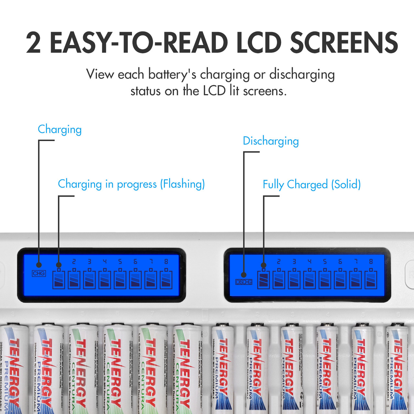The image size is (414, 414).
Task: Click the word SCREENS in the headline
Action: coord(344,42)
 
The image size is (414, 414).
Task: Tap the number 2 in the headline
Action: coord(33,42)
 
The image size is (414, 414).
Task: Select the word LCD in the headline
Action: coord(259,42)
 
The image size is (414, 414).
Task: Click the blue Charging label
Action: coord(60,129)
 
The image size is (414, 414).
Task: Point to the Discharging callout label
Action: coord(271,141)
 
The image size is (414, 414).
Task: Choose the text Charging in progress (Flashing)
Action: coord(131,184)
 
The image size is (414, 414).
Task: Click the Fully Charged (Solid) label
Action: coord(311,184)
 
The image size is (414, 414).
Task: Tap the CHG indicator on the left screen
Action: coord(39,274)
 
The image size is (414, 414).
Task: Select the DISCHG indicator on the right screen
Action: coord(244,282)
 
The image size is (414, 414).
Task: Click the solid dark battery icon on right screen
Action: coord(264,279)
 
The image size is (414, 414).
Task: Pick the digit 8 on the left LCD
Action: coord(166,261)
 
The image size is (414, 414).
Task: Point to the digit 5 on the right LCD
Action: coord(325,261)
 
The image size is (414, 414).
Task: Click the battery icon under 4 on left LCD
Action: coord(105,279)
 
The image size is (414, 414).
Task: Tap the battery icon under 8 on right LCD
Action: coord(371,279)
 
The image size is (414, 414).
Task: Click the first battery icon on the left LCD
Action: coord(59,279)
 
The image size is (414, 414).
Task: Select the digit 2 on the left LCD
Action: coord(74,261)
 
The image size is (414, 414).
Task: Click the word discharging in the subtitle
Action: coord(302,74)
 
